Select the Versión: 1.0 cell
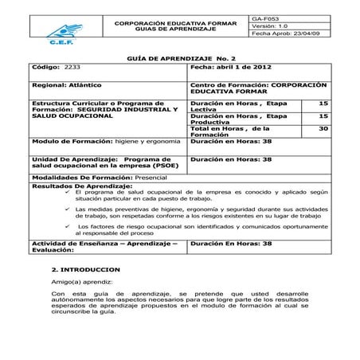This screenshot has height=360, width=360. click(x=270, y=25)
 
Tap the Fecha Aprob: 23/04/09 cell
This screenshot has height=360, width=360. click(x=285, y=34)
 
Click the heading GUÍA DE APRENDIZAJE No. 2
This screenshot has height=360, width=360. click(x=179, y=60)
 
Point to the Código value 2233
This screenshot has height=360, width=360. click(x=73, y=69)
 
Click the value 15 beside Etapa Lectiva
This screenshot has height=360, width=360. click(x=323, y=104)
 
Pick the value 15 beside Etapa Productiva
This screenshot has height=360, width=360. click(x=323, y=115)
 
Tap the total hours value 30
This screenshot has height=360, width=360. click(x=323, y=127)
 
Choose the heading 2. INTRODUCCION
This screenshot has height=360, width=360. click(x=85, y=269)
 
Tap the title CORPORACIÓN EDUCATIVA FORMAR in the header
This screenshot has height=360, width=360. click(x=175, y=24)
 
